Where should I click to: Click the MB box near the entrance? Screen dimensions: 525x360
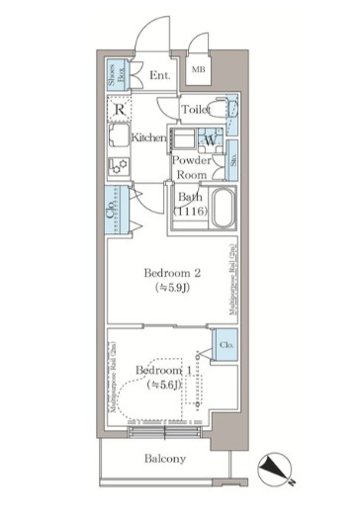[x=198, y=68]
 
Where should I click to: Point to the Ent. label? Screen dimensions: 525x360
[x=159, y=75]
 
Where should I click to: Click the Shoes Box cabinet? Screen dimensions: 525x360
[x=117, y=70]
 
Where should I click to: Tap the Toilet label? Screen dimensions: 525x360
[x=194, y=109]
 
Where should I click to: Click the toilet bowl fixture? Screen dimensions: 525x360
[x=227, y=111]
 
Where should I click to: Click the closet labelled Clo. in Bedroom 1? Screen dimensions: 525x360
[x=225, y=346]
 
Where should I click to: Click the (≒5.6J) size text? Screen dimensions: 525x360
[x=161, y=387]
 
